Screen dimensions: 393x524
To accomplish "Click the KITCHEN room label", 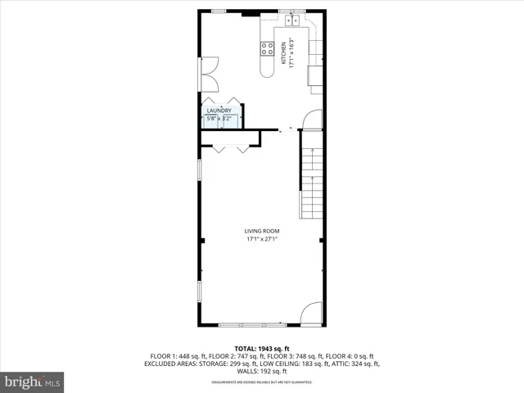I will (284, 53).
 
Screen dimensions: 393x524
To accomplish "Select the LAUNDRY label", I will (219, 111).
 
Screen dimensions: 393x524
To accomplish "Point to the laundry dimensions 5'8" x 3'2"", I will (219, 119).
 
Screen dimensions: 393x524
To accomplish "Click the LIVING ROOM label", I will (262, 231).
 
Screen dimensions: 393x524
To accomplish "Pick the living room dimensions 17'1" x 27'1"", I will (262, 239).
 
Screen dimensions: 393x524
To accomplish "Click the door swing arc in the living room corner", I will (312, 313).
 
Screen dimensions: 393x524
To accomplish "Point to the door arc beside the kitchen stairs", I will (311, 120).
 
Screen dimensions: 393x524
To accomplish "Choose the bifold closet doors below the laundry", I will (229, 148).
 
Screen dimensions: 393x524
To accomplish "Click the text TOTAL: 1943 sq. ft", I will (262, 349).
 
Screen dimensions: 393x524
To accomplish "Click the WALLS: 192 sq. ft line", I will (262, 371).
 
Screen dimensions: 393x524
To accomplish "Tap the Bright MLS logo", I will (33, 382).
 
